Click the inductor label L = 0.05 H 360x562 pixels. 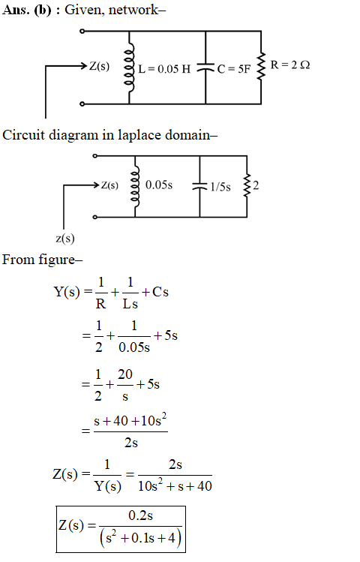[164, 69]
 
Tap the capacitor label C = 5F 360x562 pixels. [234, 69]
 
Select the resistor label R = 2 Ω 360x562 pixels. [290, 65]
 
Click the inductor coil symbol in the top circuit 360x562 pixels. [129, 68]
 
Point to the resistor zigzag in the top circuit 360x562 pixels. [261, 66]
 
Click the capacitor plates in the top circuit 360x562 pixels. [205, 68]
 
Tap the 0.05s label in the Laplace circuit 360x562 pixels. [159, 185]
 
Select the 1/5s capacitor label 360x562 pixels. [220, 187]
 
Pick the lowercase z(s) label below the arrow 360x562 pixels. [65, 239]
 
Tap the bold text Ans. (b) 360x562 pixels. [27, 10]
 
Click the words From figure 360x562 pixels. [42, 260]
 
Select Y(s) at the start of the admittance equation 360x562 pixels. [67, 292]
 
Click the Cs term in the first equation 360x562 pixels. [160, 292]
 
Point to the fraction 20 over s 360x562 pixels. [125, 385]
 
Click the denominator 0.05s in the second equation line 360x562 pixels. [134, 347]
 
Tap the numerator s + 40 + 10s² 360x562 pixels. [130, 420]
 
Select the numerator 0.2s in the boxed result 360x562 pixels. [140, 515]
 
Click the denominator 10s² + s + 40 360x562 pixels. [175, 485]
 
